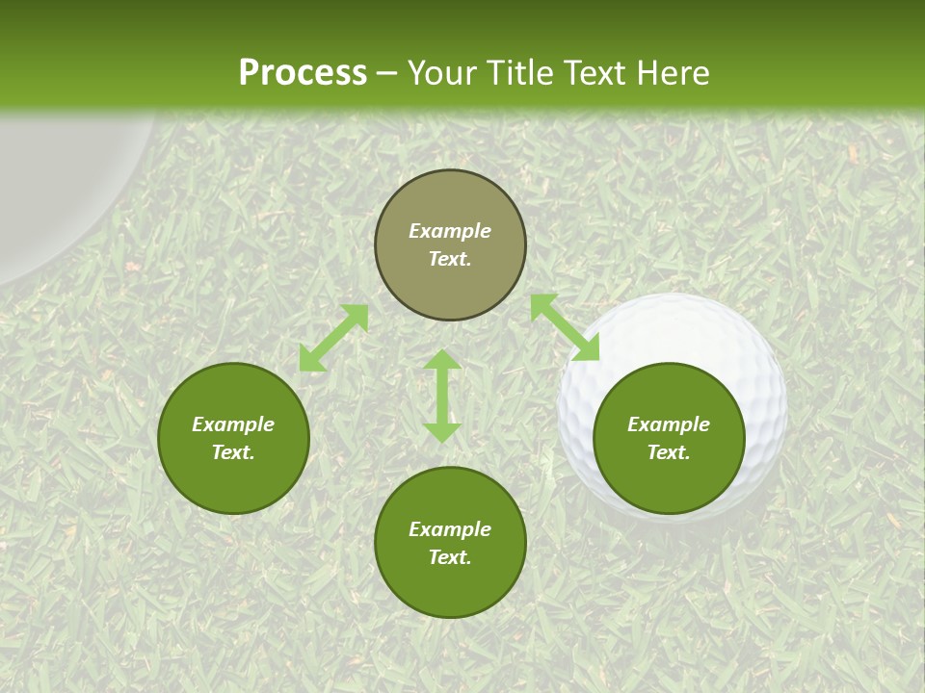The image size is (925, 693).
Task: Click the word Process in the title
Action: coord(303,73)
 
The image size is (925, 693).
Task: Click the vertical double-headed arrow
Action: coord(442,397)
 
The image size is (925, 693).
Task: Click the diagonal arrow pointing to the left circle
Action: coord(333,338)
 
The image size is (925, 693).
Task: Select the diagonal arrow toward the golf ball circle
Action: coord(565,327)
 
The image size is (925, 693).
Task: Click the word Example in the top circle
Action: coord(450,231)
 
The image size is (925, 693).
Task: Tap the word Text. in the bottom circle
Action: coord(450,557)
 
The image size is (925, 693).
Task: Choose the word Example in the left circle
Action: coord(233,424)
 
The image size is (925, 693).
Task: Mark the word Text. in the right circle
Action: coord(669,452)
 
